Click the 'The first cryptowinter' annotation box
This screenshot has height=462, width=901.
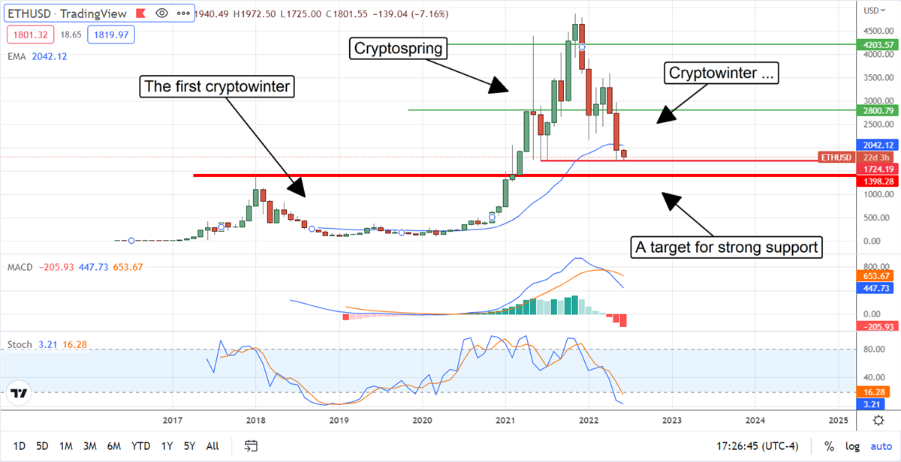coord(218,87)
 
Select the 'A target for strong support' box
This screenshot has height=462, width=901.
coord(725,247)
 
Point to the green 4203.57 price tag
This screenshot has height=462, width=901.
coord(877,45)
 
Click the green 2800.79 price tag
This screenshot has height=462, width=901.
coord(877,110)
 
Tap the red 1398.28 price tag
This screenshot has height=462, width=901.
coord(877,181)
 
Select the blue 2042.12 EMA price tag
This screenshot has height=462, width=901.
coord(877,145)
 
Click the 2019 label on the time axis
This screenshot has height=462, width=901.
coord(339,421)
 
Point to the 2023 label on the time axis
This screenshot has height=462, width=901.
coord(672,421)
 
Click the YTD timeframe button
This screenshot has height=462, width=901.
coord(140,446)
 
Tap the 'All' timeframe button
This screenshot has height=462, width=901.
coord(212,446)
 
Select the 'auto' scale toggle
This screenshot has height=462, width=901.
coord(881,446)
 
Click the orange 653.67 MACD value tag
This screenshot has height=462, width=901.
coord(877,275)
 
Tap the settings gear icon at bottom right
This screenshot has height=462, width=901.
coord(878,421)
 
